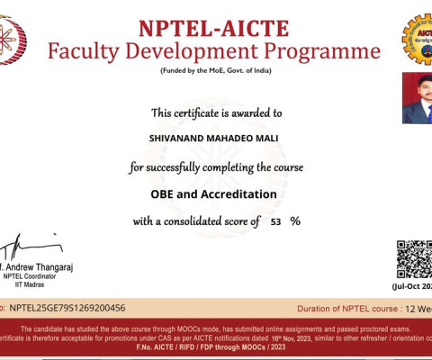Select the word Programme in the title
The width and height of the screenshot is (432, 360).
pyautogui.click(x=326, y=51)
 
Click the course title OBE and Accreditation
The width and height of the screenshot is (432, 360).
pyautogui.click(x=213, y=193)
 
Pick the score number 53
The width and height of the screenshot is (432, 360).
pyautogui.click(x=276, y=221)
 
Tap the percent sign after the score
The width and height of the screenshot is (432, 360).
pyautogui.click(x=294, y=221)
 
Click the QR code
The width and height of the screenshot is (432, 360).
pyautogui.click(x=415, y=259)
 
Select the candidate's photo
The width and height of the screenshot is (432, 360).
pyautogui.click(x=417, y=98)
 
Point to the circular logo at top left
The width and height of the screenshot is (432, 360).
pyautogui.click(x=11, y=40)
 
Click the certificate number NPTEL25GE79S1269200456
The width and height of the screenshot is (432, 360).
pyautogui.click(x=67, y=308)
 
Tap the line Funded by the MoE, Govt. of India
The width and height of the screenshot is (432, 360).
pyautogui.click(x=215, y=70)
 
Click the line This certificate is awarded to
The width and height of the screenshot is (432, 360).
pyautogui.click(x=216, y=113)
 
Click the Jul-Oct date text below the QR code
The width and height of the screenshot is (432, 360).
pyautogui.click(x=412, y=286)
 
